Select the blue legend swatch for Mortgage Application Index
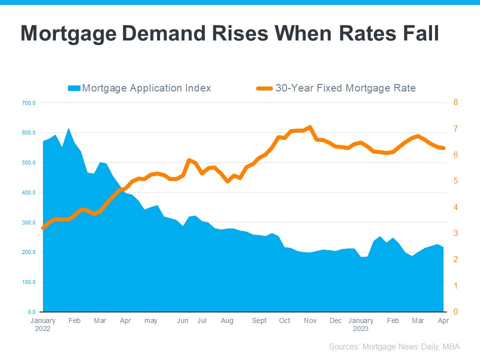coord(74,88)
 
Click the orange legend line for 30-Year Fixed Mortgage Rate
coord(264,88)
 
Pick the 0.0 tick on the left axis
coord(31,312)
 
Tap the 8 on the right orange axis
coord(455,102)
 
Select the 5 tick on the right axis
coord(455,181)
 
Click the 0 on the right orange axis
coord(455,312)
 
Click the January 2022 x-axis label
coord(43,324)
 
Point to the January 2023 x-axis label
coord(360,324)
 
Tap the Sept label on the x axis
coord(259,320)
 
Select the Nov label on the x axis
coord(309,320)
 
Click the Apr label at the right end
coord(443,320)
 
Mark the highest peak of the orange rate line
coord(310,127)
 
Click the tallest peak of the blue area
coord(68,128)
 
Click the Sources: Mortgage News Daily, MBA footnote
coord(394,346)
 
